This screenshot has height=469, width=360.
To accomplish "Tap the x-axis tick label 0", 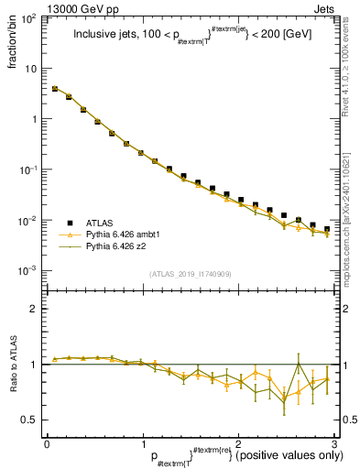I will click(x=47, y=443).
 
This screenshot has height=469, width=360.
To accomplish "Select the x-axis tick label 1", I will click(x=142, y=443).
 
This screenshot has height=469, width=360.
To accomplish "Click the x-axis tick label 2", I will click(x=238, y=443).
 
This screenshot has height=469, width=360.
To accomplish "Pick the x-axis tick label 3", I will click(x=333, y=443).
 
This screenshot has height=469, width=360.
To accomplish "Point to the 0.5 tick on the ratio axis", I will click(x=32, y=420).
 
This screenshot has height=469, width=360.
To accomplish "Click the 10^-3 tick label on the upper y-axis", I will click(x=29, y=271).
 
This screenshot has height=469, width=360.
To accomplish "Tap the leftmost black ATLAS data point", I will click(x=55, y=89).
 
